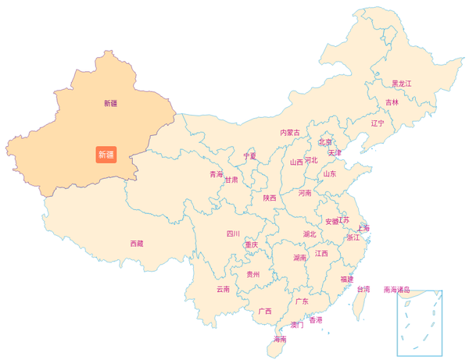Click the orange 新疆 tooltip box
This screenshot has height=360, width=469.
[x=106, y=155]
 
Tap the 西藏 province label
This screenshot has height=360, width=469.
[x=137, y=244]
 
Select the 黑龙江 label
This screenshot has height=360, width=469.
[x=402, y=84]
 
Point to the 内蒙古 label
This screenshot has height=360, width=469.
[x=290, y=133]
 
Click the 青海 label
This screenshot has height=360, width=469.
[x=216, y=174]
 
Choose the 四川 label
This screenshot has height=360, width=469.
[x=233, y=233]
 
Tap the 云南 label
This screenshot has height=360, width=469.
[x=223, y=290]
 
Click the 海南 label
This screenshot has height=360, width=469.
[x=279, y=340]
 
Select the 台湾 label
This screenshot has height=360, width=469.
[x=363, y=289]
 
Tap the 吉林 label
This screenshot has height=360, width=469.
[x=392, y=102]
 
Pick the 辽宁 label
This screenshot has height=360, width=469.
[x=378, y=123]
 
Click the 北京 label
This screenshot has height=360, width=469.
[x=325, y=142]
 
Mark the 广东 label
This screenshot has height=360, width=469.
[x=301, y=301]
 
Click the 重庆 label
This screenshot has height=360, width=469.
[x=251, y=244]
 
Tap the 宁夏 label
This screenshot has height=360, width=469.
[x=249, y=156]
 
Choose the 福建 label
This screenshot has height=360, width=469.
[x=346, y=279]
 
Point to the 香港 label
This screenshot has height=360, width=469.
[x=316, y=320]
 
